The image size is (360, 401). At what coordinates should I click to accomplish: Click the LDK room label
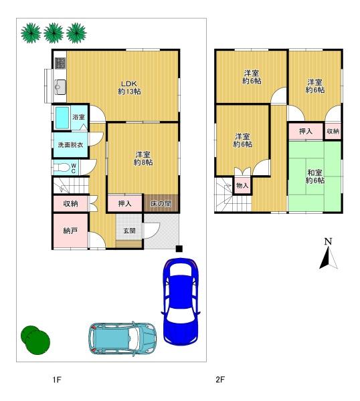point(129,88)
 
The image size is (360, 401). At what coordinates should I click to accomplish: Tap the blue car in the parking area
point(181,301)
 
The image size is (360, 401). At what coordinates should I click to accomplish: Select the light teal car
point(122,338)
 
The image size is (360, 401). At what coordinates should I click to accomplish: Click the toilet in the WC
point(62,168)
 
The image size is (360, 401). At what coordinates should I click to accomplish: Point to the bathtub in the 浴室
point(62,118)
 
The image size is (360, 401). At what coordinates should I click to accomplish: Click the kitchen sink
point(60,87)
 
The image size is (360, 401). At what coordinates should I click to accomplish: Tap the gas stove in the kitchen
point(60,63)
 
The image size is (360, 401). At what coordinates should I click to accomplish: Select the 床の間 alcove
point(161,203)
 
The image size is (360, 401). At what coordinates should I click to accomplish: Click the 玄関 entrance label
point(129,231)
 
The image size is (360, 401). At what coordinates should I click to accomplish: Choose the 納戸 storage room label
point(70,231)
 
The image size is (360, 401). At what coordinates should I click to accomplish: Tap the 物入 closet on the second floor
point(242,185)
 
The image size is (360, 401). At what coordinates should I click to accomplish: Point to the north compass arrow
point(329,258)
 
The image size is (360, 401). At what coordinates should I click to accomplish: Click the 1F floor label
point(57,380)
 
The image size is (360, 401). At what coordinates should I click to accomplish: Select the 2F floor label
point(220,380)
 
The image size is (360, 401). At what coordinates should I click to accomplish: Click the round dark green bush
point(35,340)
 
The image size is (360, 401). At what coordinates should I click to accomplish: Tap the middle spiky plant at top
point(54,33)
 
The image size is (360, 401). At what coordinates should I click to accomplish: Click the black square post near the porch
point(179,249)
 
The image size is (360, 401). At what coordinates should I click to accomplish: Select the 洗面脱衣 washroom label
point(70,145)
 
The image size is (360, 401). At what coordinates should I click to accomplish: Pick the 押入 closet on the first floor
point(124,204)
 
